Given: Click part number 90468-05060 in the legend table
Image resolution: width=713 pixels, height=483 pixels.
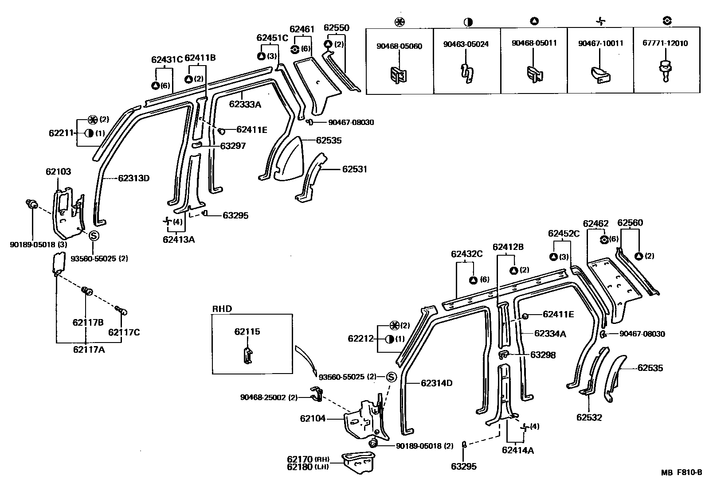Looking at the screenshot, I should [x=399, y=46].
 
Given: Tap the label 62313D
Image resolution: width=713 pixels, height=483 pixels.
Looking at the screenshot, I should [x=133, y=179].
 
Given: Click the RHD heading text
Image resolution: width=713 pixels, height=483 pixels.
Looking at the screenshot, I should [x=222, y=309].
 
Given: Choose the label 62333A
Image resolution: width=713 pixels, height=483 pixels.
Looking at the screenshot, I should [x=245, y=105].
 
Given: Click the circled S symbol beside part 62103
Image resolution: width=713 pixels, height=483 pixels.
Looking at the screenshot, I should [x=94, y=236].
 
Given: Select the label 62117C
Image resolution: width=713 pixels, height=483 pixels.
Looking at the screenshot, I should [x=124, y=332].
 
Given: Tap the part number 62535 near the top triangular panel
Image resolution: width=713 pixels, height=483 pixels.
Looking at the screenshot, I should [x=329, y=140].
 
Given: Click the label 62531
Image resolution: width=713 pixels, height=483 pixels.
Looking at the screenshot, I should [x=354, y=169].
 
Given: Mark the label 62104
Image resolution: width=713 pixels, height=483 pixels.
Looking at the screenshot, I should [x=313, y=418].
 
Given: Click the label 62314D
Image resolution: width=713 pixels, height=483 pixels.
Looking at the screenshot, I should [x=437, y=383].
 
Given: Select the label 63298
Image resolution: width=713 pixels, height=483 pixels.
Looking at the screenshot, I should [x=543, y=355].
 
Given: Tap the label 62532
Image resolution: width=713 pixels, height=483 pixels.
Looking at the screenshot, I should [x=589, y=417].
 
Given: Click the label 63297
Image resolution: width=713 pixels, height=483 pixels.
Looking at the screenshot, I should [x=233, y=146].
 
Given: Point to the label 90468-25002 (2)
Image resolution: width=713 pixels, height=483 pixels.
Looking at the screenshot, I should [x=269, y=397].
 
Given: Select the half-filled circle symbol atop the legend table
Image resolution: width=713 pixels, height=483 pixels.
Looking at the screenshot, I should [x=467, y=22].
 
